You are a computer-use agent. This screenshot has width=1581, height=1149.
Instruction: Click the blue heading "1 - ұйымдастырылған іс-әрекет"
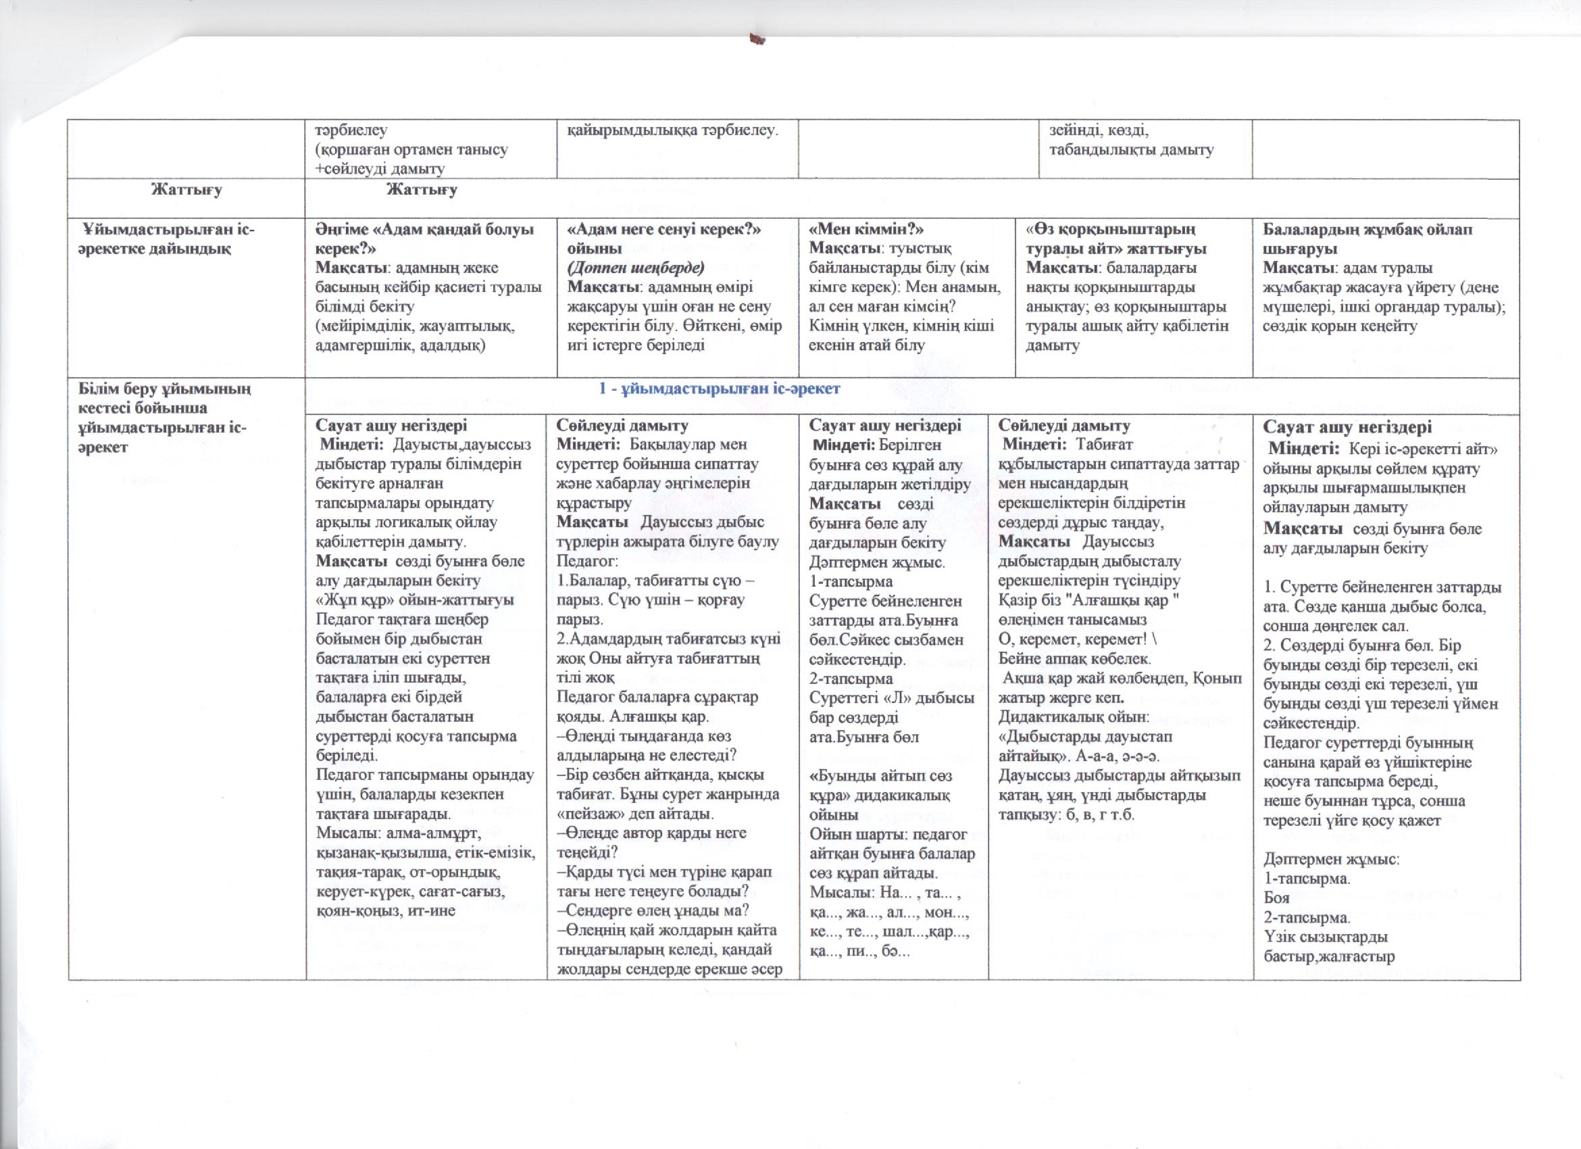pyautogui.click(x=720, y=389)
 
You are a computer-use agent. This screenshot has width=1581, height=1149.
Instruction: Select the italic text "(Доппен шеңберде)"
pyautogui.click(x=636, y=268)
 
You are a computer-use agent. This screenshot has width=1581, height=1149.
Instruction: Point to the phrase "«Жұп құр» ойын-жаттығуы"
pyautogui.click(x=415, y=600)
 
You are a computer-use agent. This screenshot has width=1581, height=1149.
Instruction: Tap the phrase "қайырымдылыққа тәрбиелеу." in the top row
pyautogui.click(x=672, y=130)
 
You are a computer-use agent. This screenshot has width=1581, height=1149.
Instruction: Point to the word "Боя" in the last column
pyautogui.click(x=1276, y=899)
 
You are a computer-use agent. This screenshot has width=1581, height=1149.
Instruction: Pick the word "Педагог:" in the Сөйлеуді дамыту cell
pyautogui.click(x=586, y=561)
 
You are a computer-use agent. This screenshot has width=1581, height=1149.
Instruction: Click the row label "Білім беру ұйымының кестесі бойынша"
pyautogui.click(x=164, y=398)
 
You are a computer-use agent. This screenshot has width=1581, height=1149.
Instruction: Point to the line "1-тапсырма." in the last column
pyautogui.click(x=1307, y=879)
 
